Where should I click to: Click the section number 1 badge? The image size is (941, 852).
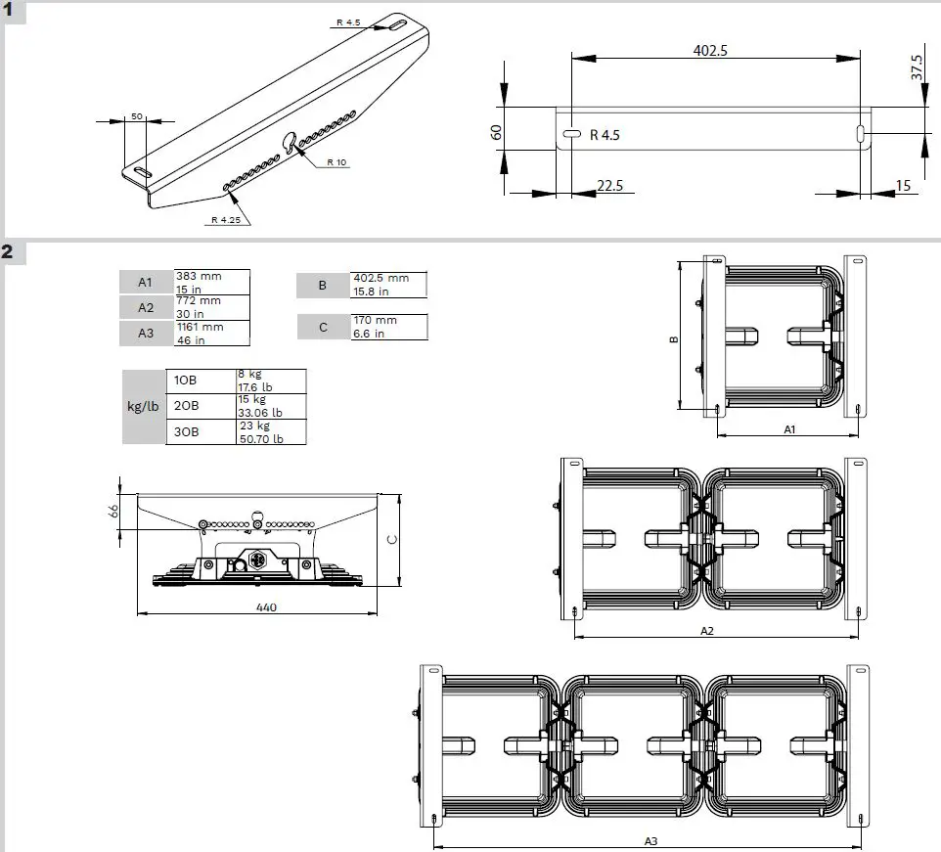(9, 12)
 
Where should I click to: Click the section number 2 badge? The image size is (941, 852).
(9, 251)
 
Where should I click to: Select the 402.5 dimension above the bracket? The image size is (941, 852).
(710, 51)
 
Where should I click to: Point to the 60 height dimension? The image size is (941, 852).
(497, 131)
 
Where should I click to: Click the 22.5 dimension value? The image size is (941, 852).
(609, 186)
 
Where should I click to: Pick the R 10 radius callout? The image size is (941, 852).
(336, 161)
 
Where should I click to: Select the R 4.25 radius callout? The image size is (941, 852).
(225, 220)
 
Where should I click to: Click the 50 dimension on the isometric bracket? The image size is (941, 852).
(137, 116)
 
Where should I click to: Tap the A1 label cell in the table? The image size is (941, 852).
(146, 283)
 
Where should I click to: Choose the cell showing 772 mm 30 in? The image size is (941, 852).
(211, 307)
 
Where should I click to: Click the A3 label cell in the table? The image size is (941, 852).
(146, 333)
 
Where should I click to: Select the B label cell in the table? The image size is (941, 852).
(323, 285)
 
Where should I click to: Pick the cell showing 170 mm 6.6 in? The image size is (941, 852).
(388, 327)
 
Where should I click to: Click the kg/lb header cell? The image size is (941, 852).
(143, 406)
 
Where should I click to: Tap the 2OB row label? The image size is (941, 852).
(186, 406)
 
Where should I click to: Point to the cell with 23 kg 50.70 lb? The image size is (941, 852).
(270, 432)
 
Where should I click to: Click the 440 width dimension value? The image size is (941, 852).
(267, 607)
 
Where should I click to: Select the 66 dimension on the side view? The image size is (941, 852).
(112, 513)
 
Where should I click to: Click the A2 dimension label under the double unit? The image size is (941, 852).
(707, 631)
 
